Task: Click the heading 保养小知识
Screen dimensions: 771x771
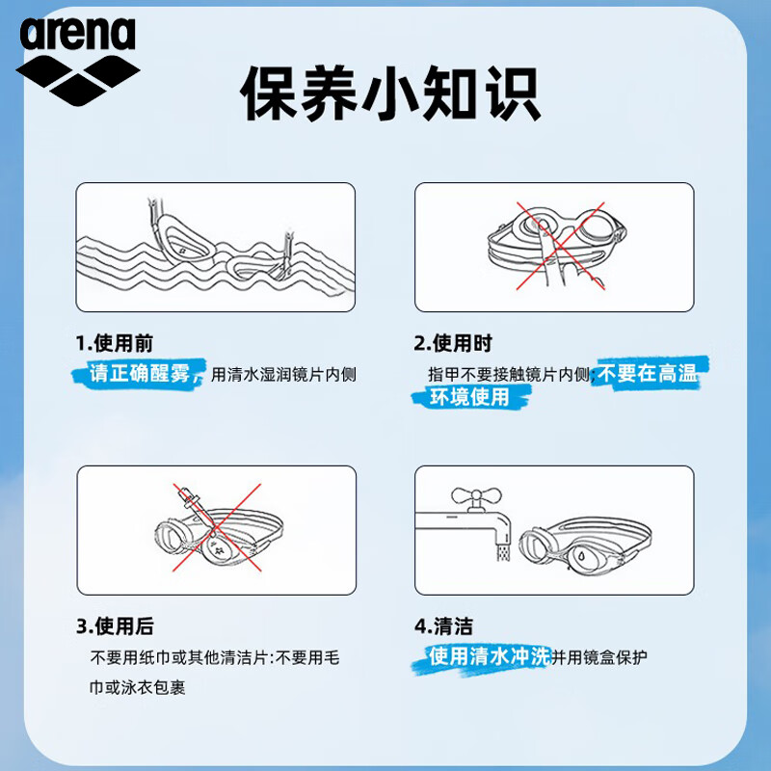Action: (389, 93)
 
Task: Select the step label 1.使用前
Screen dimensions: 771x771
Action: (114, 343)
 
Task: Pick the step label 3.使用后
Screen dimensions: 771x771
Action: (114, 626)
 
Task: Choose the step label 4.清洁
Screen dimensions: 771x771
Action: (443, 626)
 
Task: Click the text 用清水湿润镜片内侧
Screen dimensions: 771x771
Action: (283, 375)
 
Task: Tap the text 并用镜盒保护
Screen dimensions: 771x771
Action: (599, 658)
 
